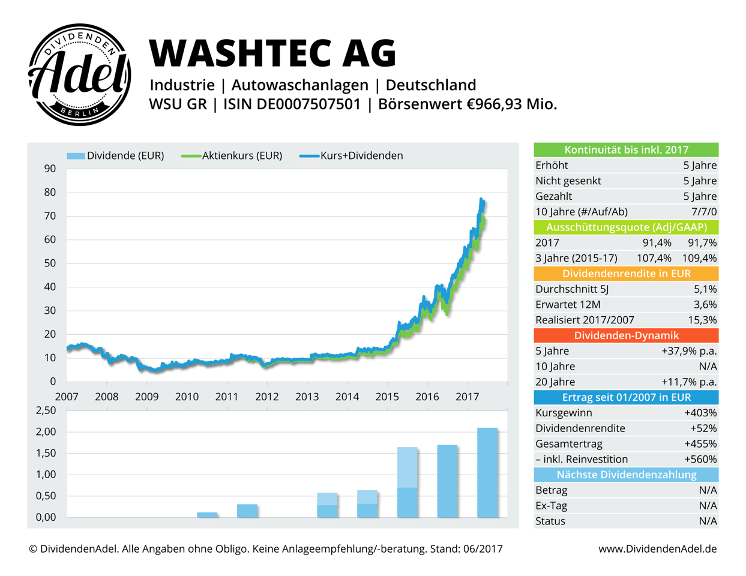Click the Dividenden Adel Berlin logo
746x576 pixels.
[x=80, y=75]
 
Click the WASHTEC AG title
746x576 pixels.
[x=272, y=53]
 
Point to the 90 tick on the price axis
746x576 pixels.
[x=50, y=169]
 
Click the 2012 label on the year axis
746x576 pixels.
[x=267, y=397]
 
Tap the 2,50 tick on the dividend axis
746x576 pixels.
[x=46, y=410]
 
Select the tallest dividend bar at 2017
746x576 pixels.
[x=487, y=472]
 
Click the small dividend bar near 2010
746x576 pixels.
[x=207, y=515]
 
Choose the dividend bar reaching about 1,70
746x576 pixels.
[x=447, y=481]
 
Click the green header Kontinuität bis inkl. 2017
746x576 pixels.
[x=626, y=150]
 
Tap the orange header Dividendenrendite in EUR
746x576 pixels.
[x=626, y=274]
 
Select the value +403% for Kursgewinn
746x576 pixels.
[x=700, y=413]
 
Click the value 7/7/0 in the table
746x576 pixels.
[x=703, y=212]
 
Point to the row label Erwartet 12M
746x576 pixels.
[x=568, y=305]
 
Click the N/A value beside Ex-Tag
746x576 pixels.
[x=708, y=506]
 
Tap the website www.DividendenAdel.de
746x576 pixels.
[x=657, y=549]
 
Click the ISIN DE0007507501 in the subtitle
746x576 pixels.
[x=292, y=104]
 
